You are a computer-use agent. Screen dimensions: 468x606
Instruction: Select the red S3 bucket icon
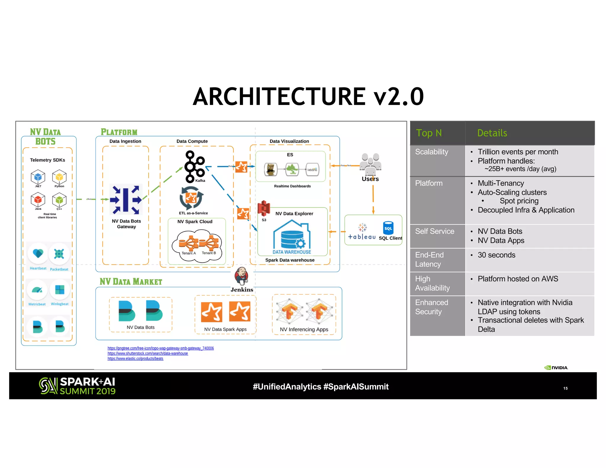click(264, 208)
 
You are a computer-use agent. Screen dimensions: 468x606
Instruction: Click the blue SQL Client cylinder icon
click(388, 228)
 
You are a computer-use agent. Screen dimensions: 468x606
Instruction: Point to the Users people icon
click(370, 164)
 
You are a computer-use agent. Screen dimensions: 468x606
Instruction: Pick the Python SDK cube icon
click(59, 177)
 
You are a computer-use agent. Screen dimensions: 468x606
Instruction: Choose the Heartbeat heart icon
click(38, 254)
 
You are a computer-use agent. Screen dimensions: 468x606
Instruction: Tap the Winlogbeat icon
click(60, 290)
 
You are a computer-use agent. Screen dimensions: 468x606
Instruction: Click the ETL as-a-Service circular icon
click(191, 198)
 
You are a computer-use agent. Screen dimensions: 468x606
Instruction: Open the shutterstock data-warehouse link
click(148, 354)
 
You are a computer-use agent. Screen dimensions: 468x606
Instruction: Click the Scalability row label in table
click(431, 152)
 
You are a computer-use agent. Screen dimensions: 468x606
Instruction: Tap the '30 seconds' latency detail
click(496, 255)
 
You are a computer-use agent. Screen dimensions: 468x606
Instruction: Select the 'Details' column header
click(492, 133)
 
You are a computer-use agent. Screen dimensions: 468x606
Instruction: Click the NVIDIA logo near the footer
click(556, 368)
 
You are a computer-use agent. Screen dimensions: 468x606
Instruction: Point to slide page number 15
click(565, 388)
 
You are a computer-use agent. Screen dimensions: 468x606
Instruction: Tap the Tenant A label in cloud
click(188, 253)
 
